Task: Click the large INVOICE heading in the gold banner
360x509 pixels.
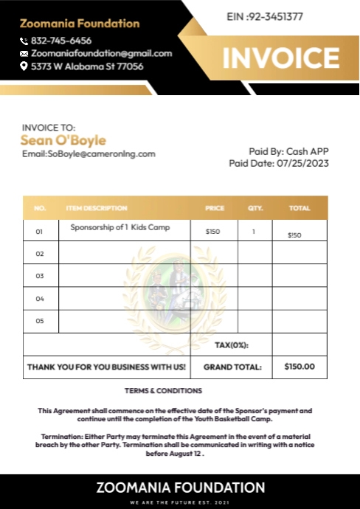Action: (281, 58)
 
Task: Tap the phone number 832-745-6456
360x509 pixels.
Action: (61, 41)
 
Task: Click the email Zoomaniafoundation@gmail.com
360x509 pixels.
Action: (101, 53)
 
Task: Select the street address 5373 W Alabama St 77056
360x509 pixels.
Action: (87, 66)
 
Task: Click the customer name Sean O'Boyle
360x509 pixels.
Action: (63, 140)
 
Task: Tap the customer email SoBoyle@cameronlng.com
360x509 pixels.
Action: (89, 153)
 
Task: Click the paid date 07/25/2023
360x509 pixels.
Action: (302, 163)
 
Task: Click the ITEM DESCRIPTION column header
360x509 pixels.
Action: (97, 208)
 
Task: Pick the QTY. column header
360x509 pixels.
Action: (255, 208)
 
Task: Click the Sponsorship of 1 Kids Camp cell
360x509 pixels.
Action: (120, 227)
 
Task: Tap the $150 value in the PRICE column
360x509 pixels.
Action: (212, 232)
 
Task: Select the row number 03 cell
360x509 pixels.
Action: (40, 276)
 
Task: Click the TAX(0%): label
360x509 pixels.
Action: (231, 345)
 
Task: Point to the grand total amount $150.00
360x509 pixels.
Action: (299, 367)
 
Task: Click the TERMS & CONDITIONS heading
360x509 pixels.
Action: (163, 390)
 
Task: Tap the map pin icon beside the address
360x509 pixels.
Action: (24, 66)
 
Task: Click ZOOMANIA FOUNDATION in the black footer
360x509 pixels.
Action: (180, 488)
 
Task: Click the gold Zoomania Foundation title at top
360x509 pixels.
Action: (80, 24)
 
